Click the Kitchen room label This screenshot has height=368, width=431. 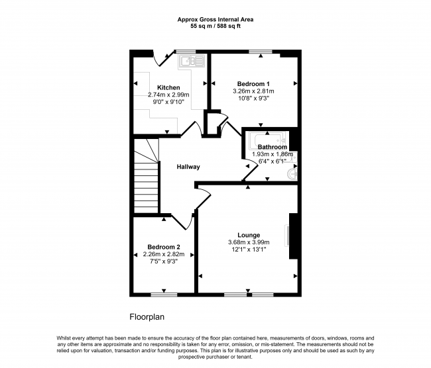[x=168, y=87]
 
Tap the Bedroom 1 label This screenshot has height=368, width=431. [x=253, y=84]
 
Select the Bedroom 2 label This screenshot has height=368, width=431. [x=164, y=247]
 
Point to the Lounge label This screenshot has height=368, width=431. [x=249, y=235]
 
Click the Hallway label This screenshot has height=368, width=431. [x=188, y=167]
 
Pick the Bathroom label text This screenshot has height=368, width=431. [x=273, y=147]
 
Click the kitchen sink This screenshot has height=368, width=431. [x=192, y=61]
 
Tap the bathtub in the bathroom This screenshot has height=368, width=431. [x=267, y=140]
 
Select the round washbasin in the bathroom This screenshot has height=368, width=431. [x=292, y=174]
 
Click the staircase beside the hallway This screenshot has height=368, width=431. [x=146, y=176]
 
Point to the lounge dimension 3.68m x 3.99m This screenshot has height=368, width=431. [x=249, y=242]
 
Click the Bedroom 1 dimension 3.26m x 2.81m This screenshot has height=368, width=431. [x=253, y=91]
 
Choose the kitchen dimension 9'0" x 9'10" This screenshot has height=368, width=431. [x=168, y=102]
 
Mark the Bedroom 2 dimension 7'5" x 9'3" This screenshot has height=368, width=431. [x=164, y=261]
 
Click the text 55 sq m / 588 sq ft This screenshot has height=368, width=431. [x=215, y=26]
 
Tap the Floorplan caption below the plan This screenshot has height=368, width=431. [x=147, y=317]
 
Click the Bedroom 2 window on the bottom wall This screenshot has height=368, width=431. [x=164, y=295]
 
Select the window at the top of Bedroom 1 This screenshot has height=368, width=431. [x=261, y=52]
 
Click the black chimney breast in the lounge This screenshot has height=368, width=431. [x=293, y=236]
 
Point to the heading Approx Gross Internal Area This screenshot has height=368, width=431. [x=215, y=19]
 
